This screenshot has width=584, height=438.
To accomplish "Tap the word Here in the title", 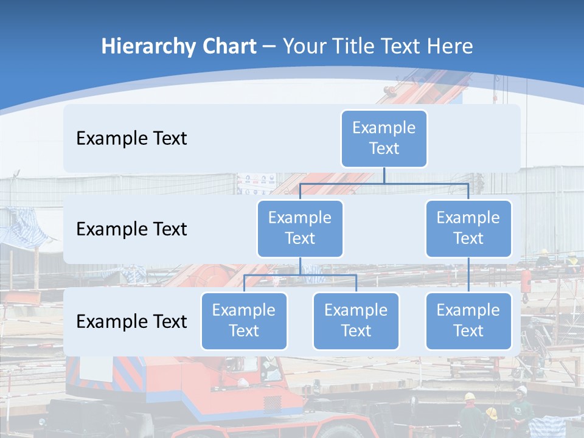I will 450,47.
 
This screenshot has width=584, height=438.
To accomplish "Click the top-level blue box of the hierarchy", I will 384,138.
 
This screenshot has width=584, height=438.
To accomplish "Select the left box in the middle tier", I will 300,228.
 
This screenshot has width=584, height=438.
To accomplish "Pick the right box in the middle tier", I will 468,228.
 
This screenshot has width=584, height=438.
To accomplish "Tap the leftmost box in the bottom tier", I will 244,321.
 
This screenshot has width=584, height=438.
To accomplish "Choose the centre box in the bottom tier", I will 356,321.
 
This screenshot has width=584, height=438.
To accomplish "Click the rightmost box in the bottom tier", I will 468,321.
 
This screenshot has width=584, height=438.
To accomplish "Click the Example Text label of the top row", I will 131,139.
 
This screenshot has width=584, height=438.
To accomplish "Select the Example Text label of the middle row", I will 131,229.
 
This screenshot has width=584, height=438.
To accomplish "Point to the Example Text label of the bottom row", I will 131,321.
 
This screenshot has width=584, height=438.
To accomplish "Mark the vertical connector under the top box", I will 384,175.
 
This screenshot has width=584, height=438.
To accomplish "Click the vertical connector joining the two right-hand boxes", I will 468,275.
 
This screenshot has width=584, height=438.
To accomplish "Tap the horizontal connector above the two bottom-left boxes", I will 300,275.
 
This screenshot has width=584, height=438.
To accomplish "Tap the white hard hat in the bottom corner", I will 521,390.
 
